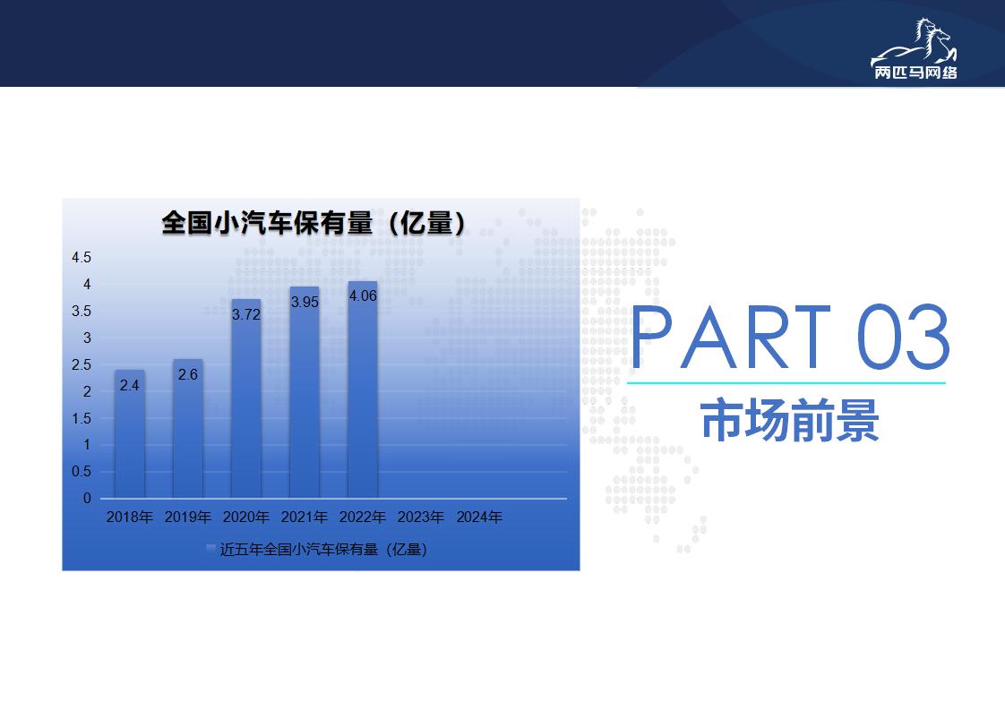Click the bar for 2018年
(130, 434)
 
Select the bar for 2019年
(188, 429)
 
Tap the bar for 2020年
(246, 398)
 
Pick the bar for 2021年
(305, 392)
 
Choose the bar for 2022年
(362, 389)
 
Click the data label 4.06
(363, 296)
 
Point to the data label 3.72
(246, 314)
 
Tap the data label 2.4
(130, 385)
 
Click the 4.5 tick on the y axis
(82, 258)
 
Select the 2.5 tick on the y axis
(82, 364)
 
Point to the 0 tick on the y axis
(87, 499)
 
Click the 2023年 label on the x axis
(420, 518)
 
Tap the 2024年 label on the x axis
(479, 518)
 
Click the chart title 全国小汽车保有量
(267, 223)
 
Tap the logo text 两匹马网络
(915, 73)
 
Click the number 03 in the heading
(903, 337)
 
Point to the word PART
(731, 337)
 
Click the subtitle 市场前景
(790, 421)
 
